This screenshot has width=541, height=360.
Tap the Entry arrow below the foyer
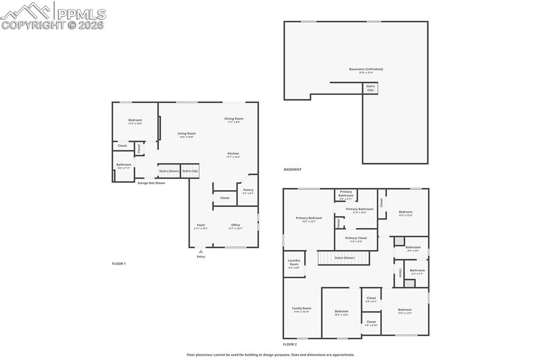[201, 252]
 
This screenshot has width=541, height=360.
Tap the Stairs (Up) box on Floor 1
[190, 171]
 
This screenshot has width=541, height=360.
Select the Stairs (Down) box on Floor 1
[169, 171]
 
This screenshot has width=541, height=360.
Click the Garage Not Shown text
[151, 183]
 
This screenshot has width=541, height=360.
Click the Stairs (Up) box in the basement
[370, 88]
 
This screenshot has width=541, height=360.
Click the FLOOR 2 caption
[290, 344]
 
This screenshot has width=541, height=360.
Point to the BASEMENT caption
[293, 169]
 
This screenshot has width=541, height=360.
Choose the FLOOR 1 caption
[119, 263]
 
